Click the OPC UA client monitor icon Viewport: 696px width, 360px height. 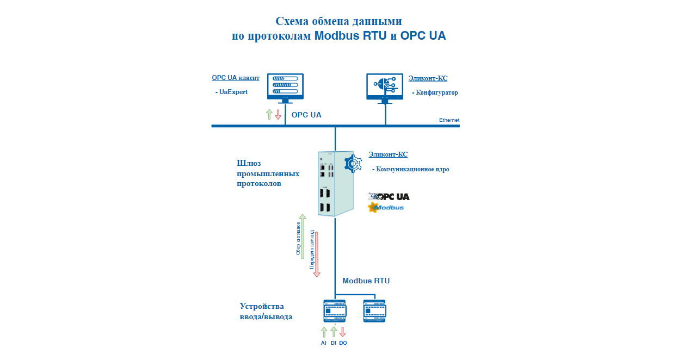click(x=285, y=88)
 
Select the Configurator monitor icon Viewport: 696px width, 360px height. click(x=385, y=88)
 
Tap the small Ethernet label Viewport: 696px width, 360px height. click(x=449, y=120)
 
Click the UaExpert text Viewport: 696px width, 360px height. click(x=233, y=92)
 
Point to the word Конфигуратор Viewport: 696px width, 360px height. click(x=436, y=92)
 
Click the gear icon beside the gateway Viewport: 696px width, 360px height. click(x=353, y=163)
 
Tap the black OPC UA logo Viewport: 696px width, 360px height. click(x=389, y=196)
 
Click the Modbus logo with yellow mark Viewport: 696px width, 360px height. click(x=386, y=207)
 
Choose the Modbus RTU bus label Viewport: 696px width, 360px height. click(x=366, y=281)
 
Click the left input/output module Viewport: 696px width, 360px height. click(x=335, y=311)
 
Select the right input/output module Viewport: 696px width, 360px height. click(x=374, y=311)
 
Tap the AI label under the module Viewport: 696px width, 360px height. click(x=324, y=343)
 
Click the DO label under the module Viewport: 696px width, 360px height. click(x=343, y=343)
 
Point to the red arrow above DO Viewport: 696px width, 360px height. click(x=343, y=332)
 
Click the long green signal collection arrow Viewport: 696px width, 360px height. click(x=303, y=236)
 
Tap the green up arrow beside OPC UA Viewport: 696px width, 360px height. click(x=269, y=114)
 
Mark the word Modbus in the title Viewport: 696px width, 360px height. click(x=337, y=36)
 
